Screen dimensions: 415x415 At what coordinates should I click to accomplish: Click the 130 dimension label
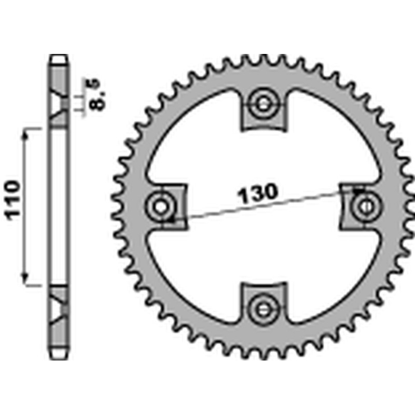[x=258, y=192]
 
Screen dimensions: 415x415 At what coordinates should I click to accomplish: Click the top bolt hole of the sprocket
[x=263, y=104]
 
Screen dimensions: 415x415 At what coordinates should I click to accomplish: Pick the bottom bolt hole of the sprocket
[x=263, y=308]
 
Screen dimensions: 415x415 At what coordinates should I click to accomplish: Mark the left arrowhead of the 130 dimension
[x=173, y=220]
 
